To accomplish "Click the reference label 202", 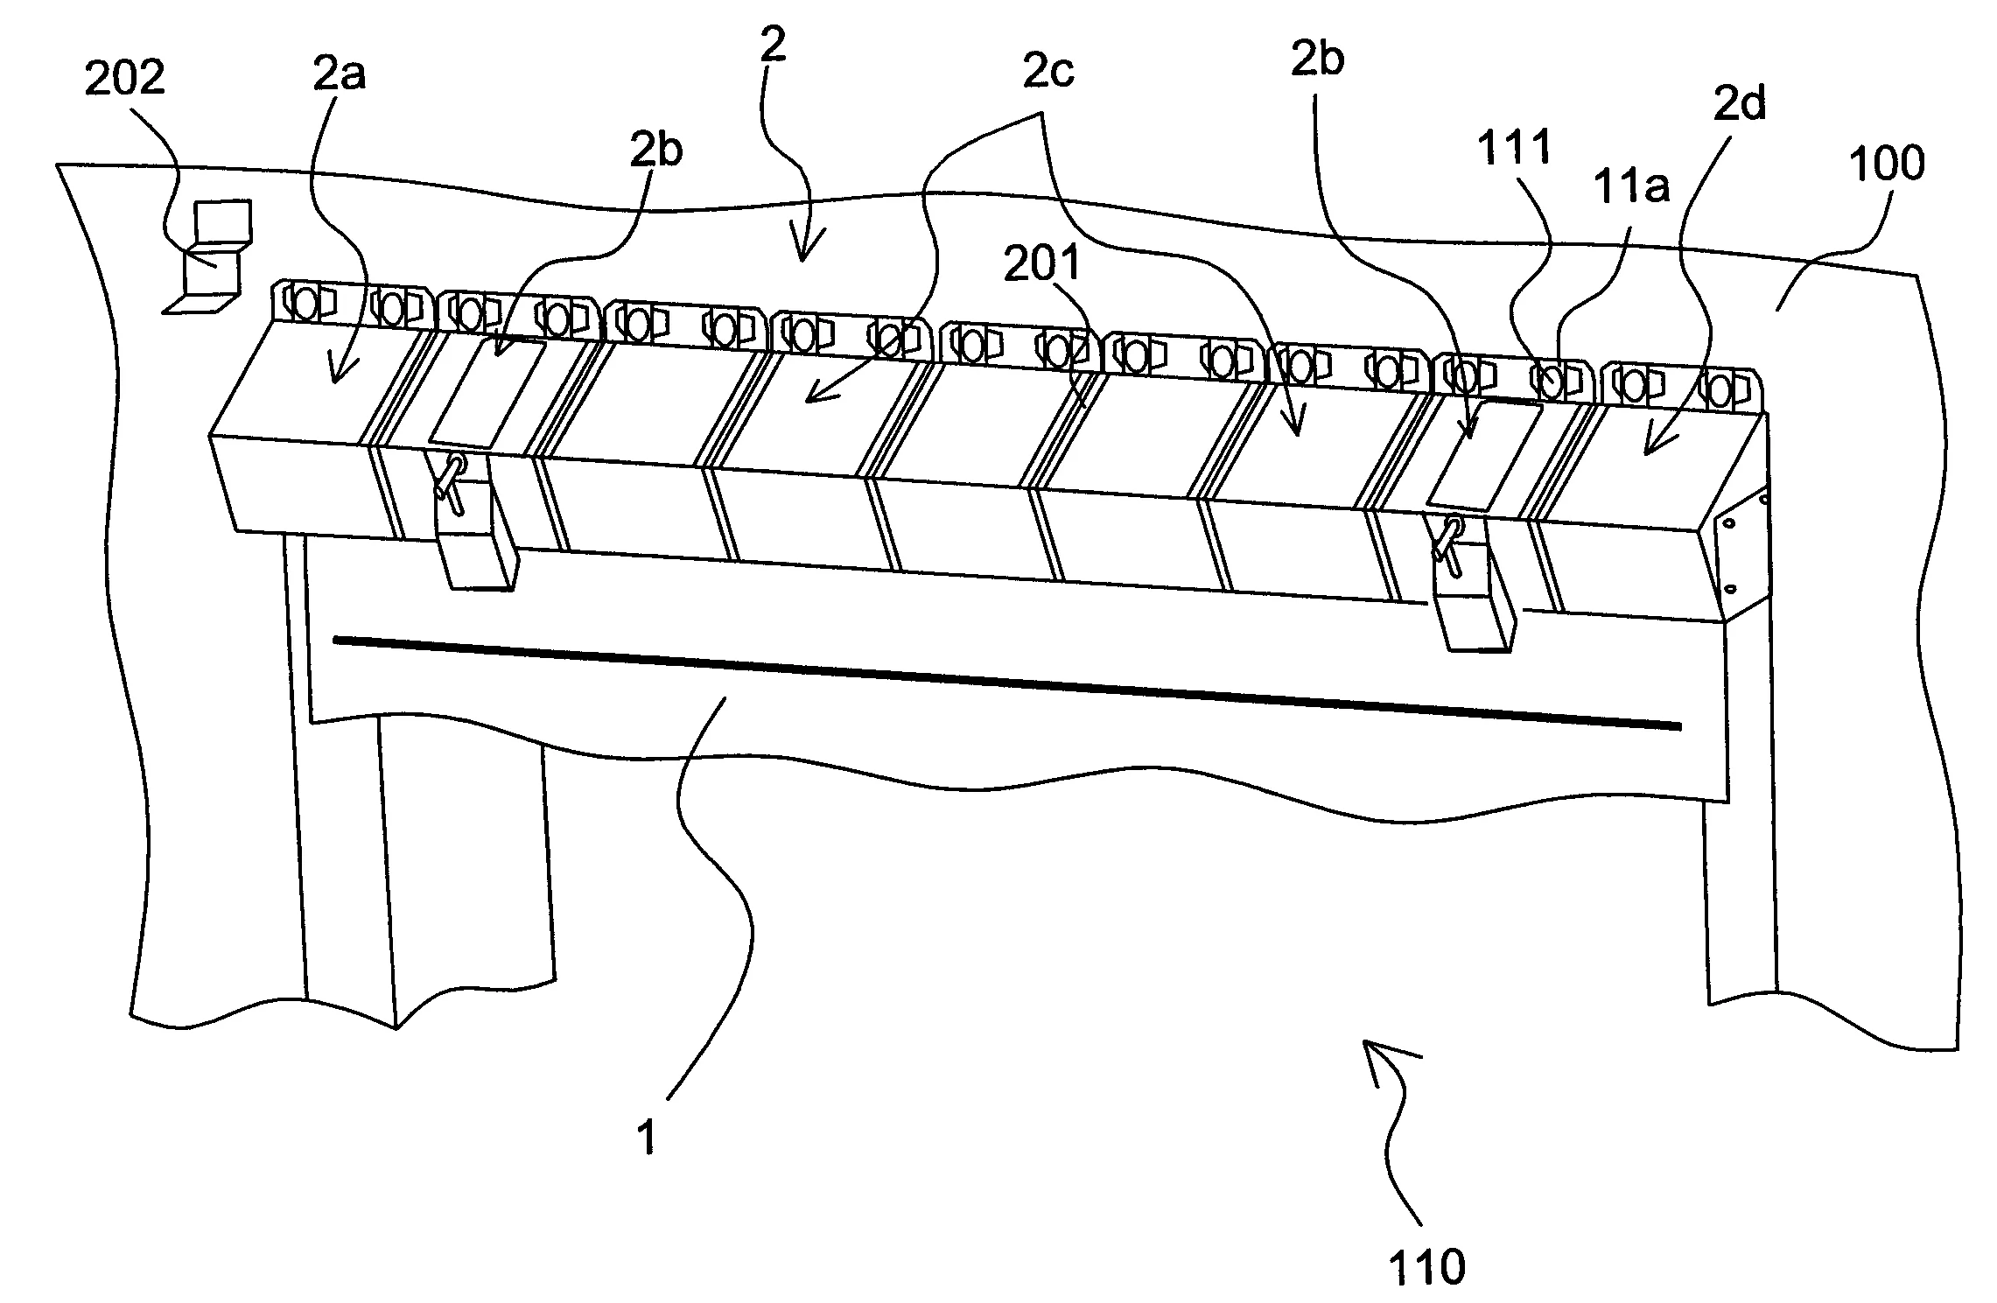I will click(123, 79).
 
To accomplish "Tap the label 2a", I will click(339, 75).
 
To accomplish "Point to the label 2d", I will click(1740, 104).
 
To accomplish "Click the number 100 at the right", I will click(1887, 163).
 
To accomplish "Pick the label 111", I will click(1515, 147).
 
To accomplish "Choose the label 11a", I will click(1631, 186).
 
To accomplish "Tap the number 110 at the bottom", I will click(1426, 1266).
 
